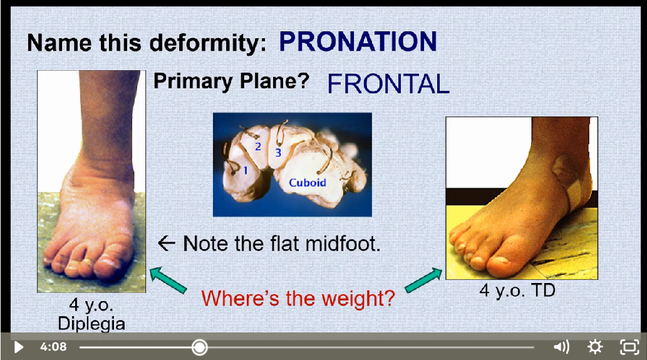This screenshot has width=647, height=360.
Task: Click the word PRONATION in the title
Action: pyautogui.click(x=358, y=42)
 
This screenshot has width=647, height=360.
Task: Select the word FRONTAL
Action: pyautogui.click(x=388, y=84)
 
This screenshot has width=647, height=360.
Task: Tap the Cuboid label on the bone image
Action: pyautogui.click(x=308, y=183)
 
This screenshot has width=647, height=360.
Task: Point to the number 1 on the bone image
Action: pyautogui.click(x=246, y=170)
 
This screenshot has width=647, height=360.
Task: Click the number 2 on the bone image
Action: pyautogui.click(x=258, y=147)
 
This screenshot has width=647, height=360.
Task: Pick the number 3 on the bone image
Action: pyautogui.click(x=278, y=153)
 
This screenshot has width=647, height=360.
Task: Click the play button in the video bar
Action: pyautogui.click(x=19, y=347)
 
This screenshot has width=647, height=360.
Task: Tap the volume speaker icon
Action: pyautogui.click(x=561, y=347)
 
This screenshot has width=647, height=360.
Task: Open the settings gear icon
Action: pyautogui.click(x=595, y=347)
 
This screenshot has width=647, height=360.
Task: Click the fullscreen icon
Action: pyautogui.click(x=629, y=347)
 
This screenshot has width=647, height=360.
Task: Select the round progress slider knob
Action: pyautogui.click(x=199, y=347)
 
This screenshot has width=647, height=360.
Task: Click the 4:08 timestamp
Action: pyautogui.click(x=53, y=347)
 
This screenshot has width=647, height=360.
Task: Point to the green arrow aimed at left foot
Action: pyautogui.click(x=168, y=280)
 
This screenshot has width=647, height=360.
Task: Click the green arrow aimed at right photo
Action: pyautogui.click(x=423, y=280)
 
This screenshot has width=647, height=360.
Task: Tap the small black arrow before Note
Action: pyautogui.click(x=167, y=244)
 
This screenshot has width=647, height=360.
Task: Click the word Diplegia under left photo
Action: pyautogui.click(x=91, y=324)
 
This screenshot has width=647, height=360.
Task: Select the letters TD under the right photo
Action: pyautogui.click(x=543, y=291)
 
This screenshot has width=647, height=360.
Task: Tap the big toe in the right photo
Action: pyautogui.click(x=504, y=264)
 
